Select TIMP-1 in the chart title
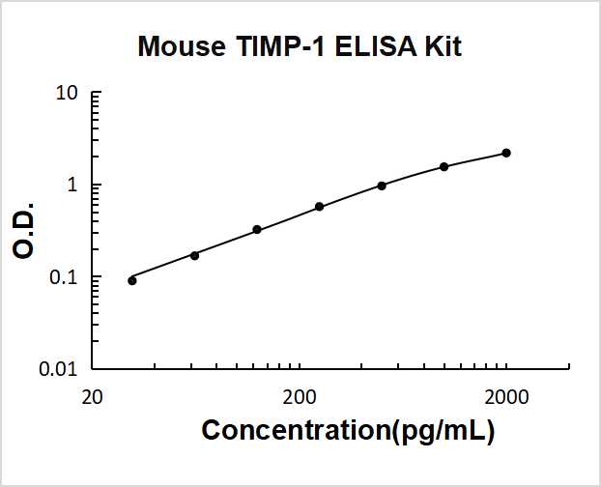pyautogui.click(x=271, y=46)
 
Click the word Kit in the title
pyautogui.click(x=443, y=46)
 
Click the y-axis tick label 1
pyautogui.click(x=72, y=186)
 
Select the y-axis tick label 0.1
pyautogui.click(x=64, y=277)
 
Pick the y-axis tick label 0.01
pyautogui.click(x=59, y=369)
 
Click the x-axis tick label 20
pyautogui.click(x=92, y=396)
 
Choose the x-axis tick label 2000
pyautogui.click(x=505, y=396)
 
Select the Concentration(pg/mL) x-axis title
pyautogui.click(x=348, y=431)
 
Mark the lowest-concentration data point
pyautogui.click(x=132, y=280)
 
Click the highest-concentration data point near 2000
pyautogui.click(x=506, y=153)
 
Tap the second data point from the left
pyautogui.click(x=194, y=255)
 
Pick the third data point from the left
pyautogui.click(x=257, y=230)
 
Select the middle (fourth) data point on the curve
pyautogui.click(x=319, y=207)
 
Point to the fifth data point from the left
pyautogui.click(x=382, y=186)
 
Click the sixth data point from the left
pyautogui.click(x=444, y=166)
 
